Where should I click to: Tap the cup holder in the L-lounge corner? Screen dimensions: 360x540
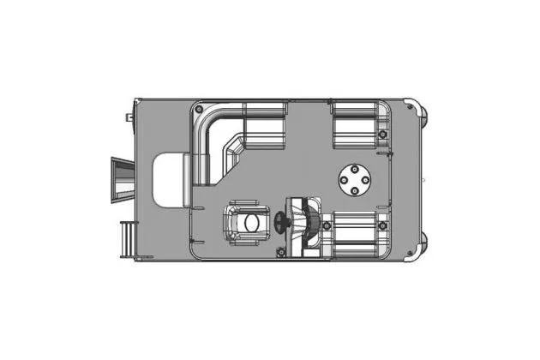coord(199,110)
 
